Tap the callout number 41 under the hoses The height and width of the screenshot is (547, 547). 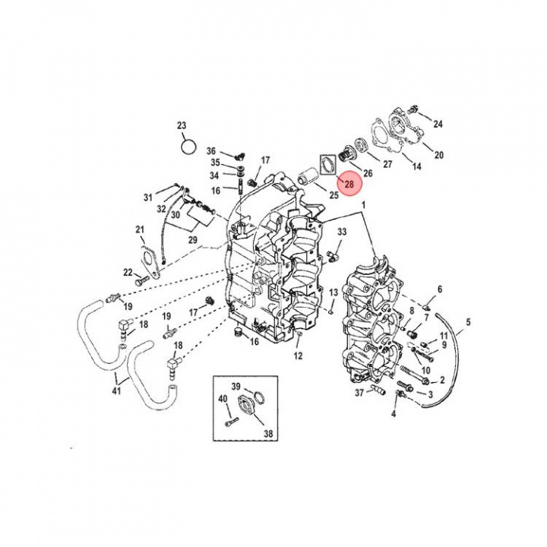pos(115,391)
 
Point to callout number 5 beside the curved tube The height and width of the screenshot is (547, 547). pos(467,322)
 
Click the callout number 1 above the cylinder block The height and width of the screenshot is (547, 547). pos(363,205)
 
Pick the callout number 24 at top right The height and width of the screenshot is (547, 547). pos(438,124)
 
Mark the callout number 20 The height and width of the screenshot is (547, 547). pos(438,155)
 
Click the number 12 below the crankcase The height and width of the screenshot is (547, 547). pos(298,356)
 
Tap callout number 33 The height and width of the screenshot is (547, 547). pos(342,232)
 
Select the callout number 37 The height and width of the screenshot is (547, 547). pos(359,393)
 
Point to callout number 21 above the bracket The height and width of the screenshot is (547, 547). pos(140,229)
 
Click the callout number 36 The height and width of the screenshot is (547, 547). pos(211,151)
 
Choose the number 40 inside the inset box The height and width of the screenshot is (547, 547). pos(223,399)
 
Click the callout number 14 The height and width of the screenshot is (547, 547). pos(416,166)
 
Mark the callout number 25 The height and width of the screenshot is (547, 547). pos(333,196)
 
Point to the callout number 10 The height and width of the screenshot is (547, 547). pos(425,370)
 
